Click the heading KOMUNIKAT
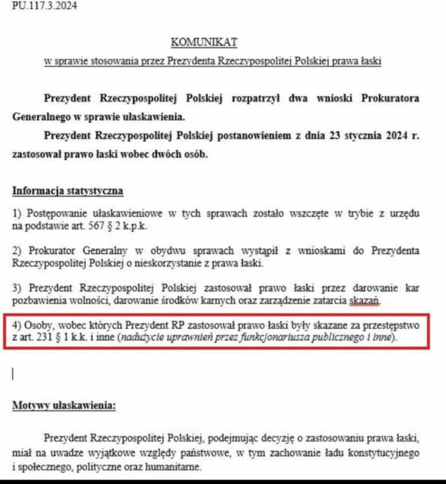pos(204,42)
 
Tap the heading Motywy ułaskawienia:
pos(64,406)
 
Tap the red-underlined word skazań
pos(364,300)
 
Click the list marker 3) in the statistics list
pos(17,288)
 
